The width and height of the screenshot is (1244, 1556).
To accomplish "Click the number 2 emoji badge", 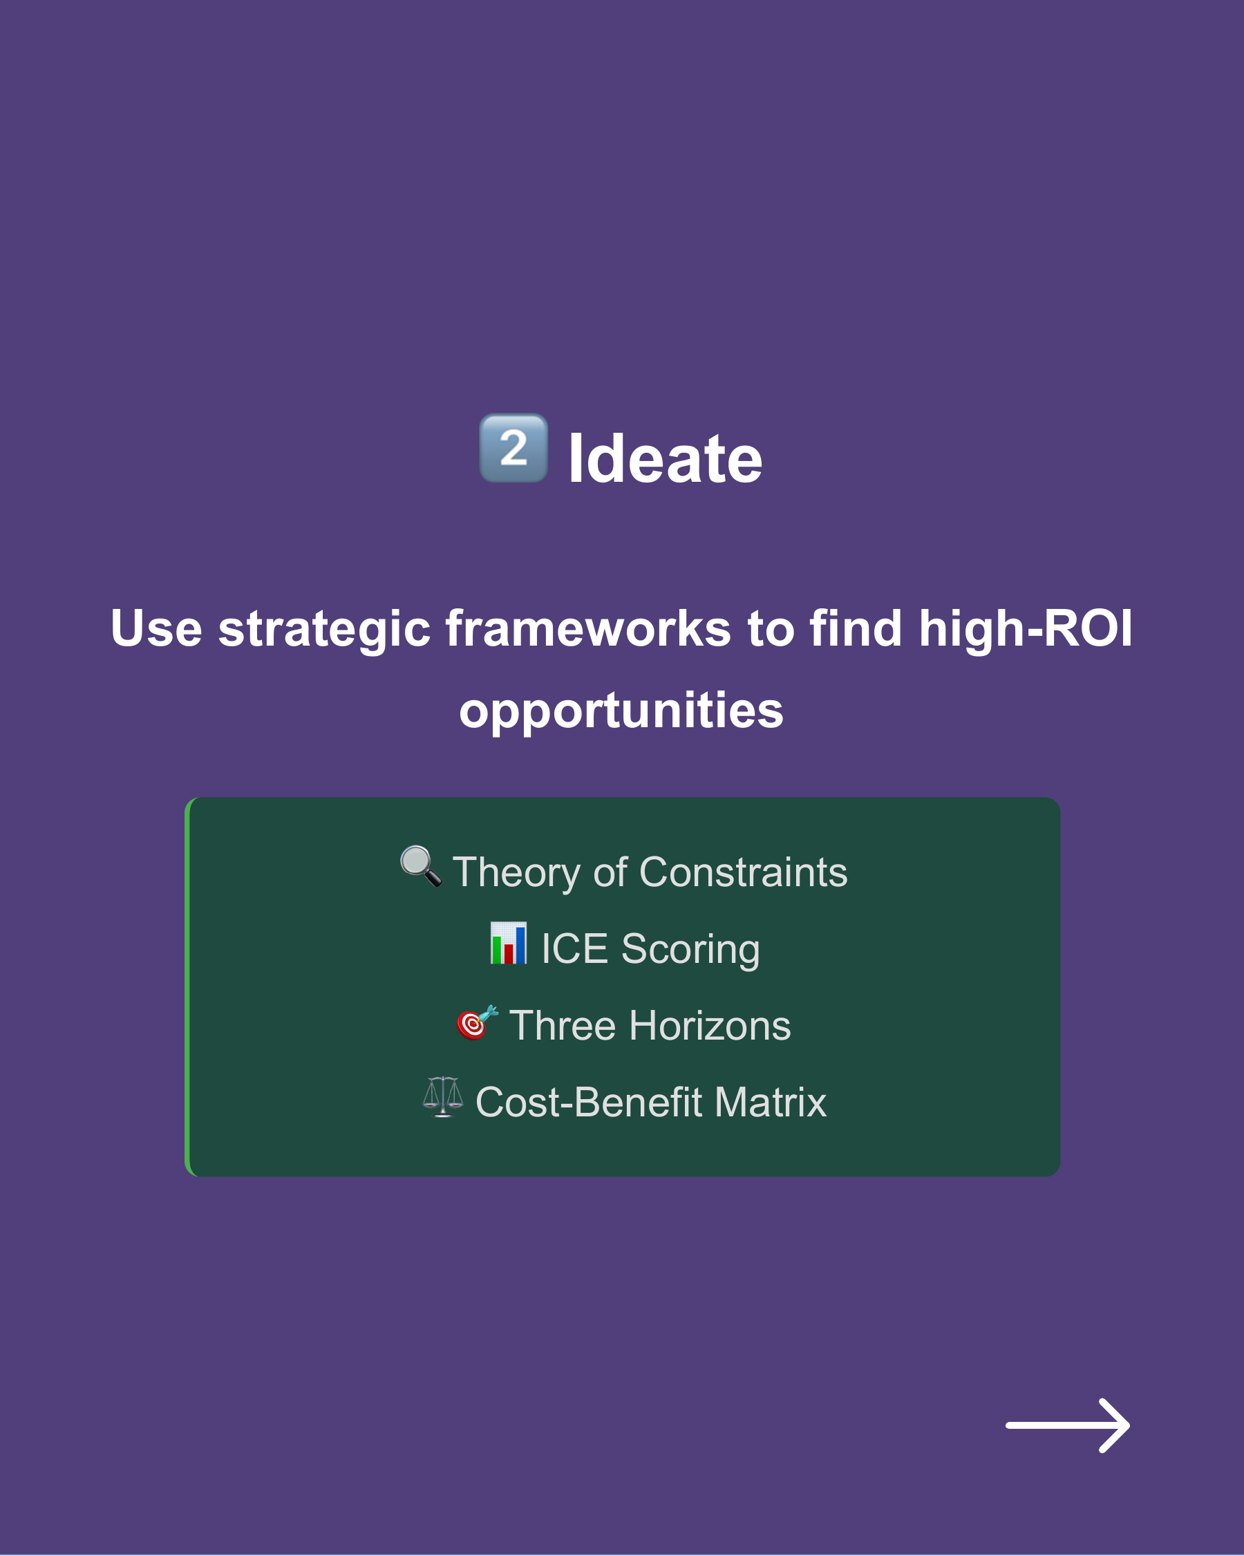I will pos(513,448).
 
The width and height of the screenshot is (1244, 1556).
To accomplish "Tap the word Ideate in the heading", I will pos(665,460).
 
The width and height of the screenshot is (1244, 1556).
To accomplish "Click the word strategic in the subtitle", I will pos(324,628).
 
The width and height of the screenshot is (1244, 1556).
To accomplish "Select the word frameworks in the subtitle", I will pos(588,628).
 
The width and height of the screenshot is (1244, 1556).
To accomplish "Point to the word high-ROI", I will pos(1025,628).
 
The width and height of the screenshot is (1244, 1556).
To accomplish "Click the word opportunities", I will pos(621,711).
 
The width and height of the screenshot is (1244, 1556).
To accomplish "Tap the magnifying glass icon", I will pos(421,866).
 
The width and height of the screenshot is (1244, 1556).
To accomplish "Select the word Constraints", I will pos(743,872).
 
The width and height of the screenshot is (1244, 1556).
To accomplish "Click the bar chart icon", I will pos(508,944).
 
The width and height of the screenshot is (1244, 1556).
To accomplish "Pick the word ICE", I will pos(574,949).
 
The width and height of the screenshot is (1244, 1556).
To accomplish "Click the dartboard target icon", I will pos(476,1022).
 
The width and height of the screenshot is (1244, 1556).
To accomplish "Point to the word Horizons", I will pos(710,1027).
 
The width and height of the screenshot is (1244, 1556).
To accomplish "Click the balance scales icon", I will pos(442,1098).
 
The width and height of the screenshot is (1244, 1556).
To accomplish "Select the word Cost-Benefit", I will pos(589,1103).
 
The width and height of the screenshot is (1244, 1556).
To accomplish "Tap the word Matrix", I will pos(771,1103).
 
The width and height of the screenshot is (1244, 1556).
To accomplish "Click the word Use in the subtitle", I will pos(156,628).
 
